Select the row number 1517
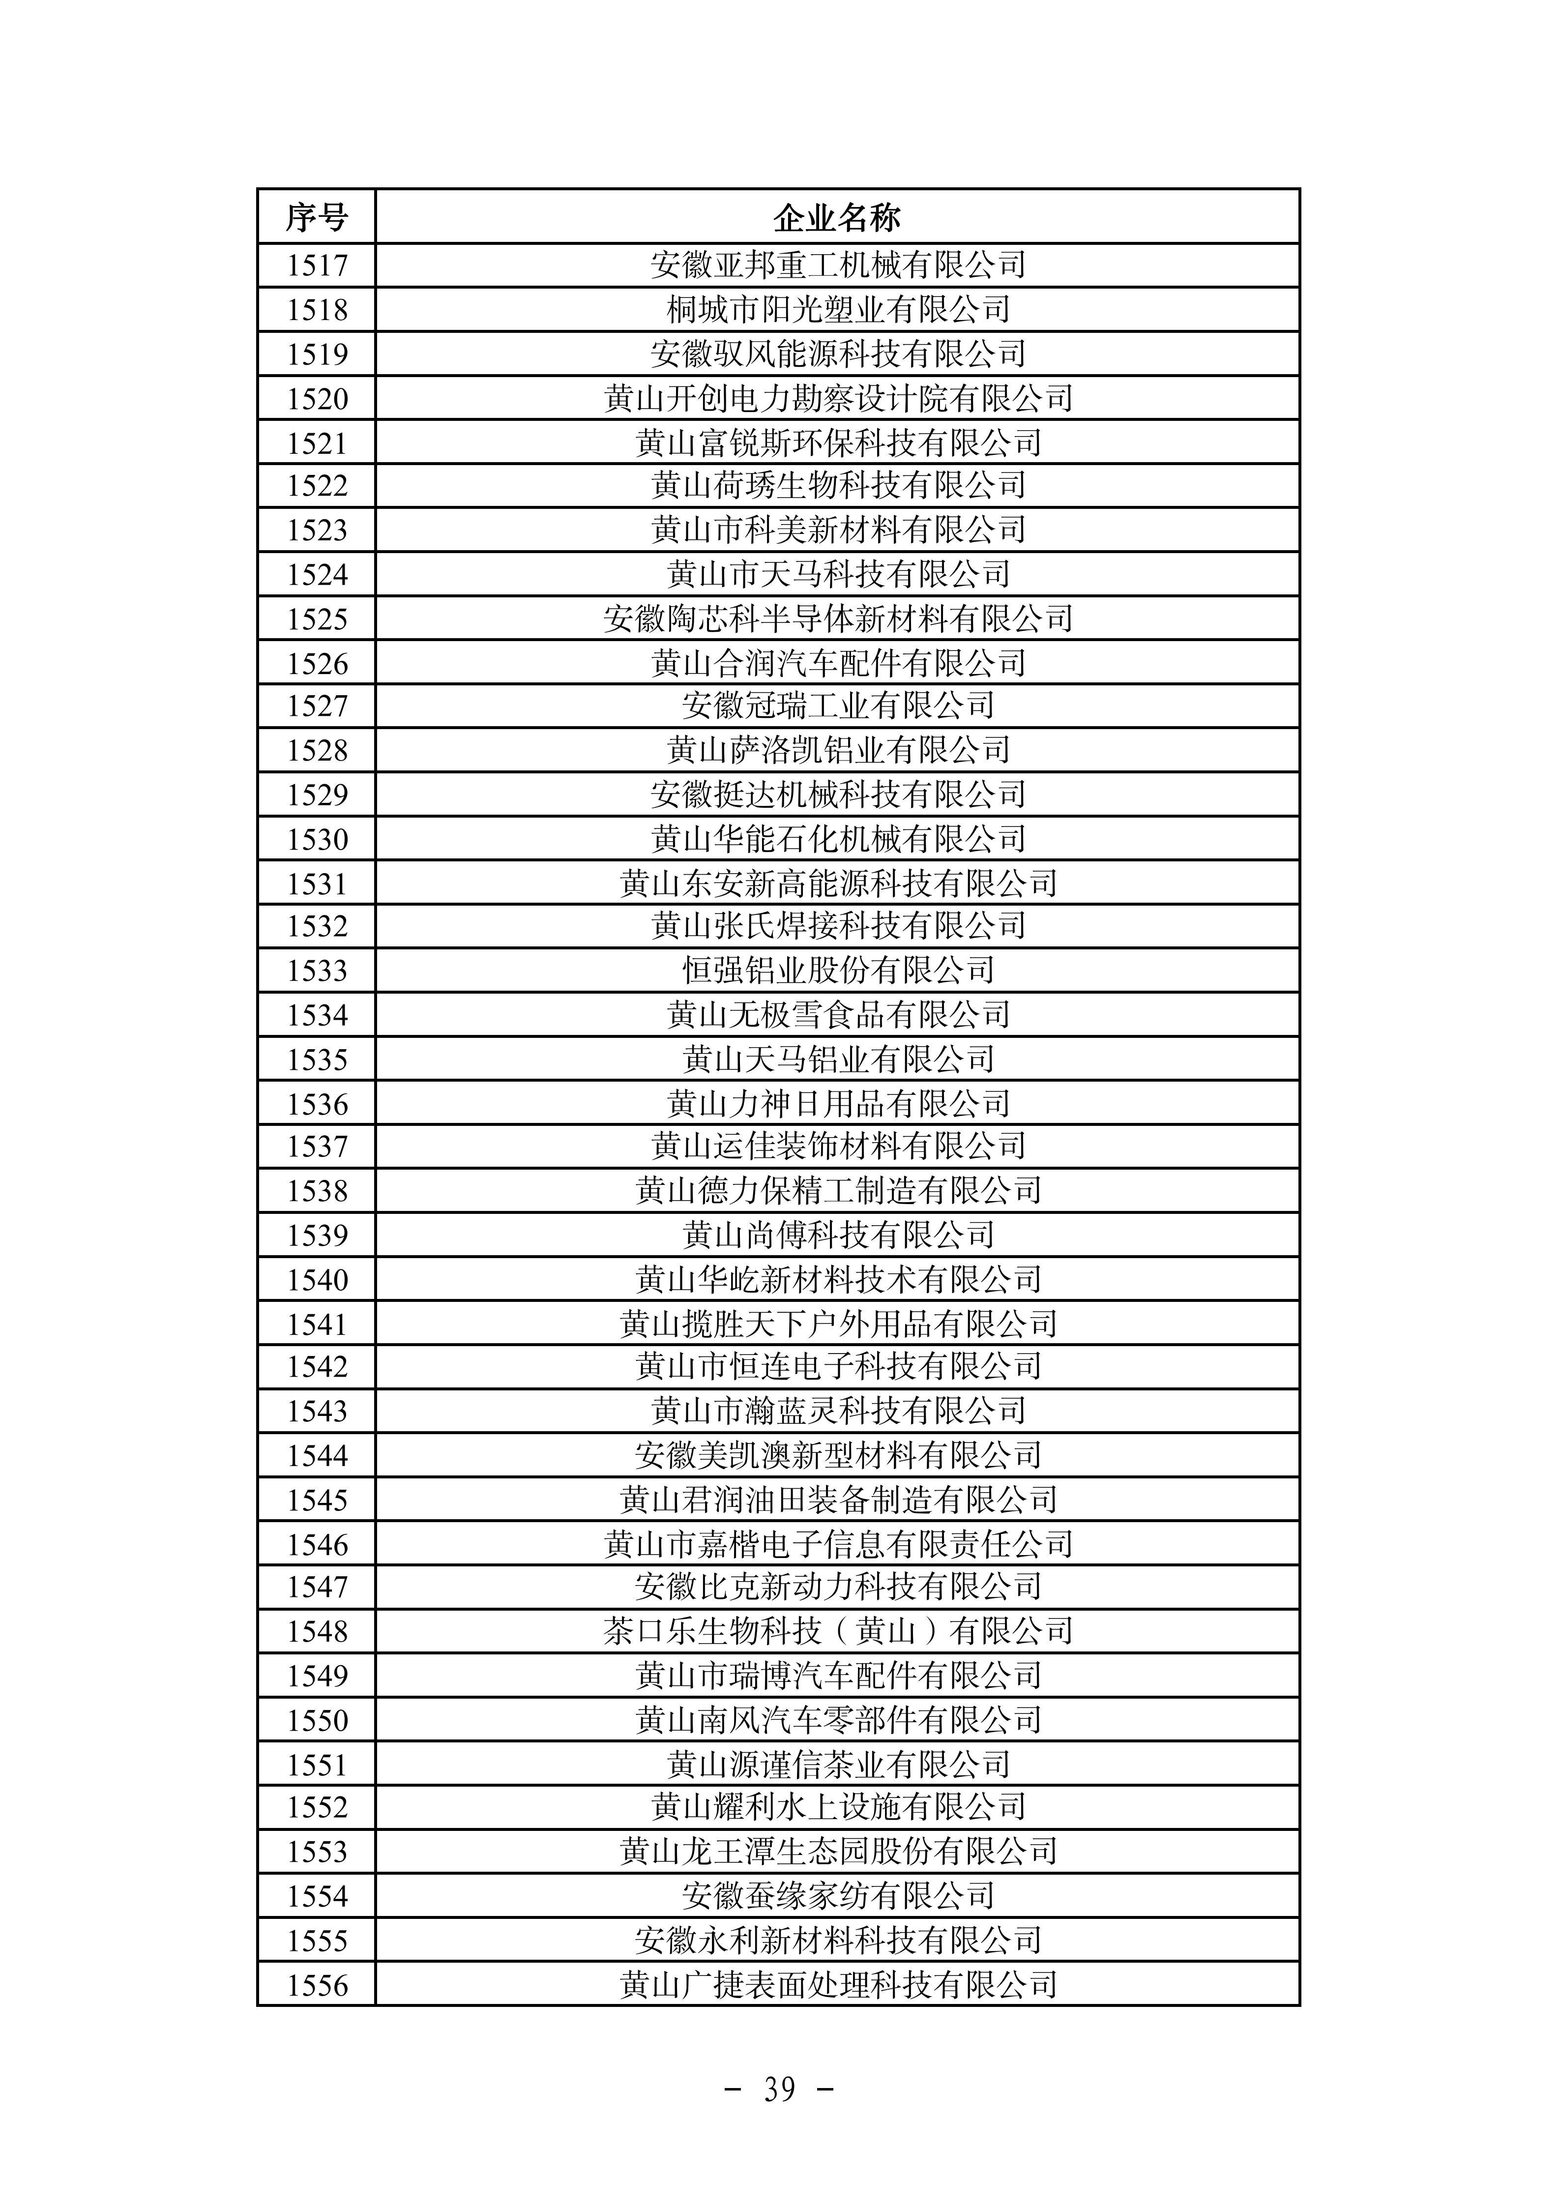point(317,265)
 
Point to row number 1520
point(317,398)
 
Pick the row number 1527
point(317,706)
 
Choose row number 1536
point(317,1103)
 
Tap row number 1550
point(317,1720)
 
